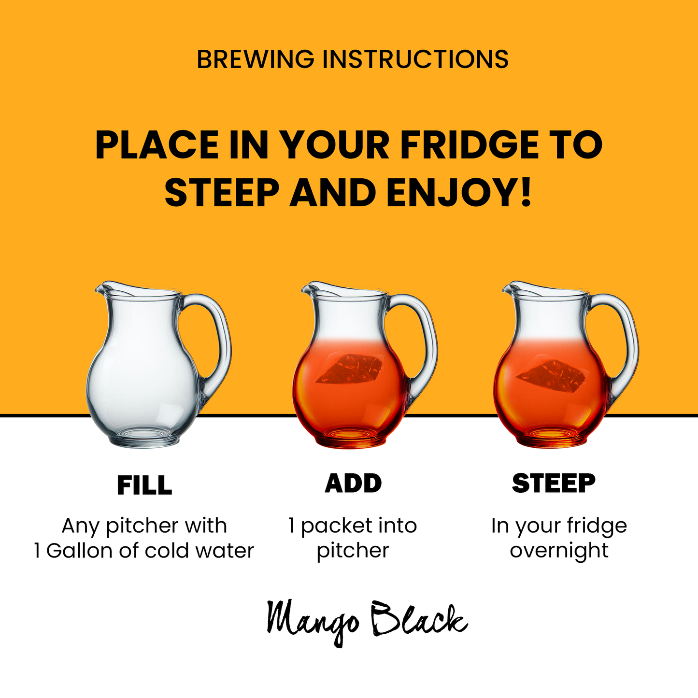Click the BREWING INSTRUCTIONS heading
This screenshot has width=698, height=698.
pos(353,59)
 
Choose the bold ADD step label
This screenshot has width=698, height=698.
pos(353,483)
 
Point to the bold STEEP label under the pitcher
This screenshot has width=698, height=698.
pos(554,483)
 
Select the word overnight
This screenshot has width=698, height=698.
pos(559,552)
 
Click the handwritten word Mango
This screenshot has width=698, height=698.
pos(313,622)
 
